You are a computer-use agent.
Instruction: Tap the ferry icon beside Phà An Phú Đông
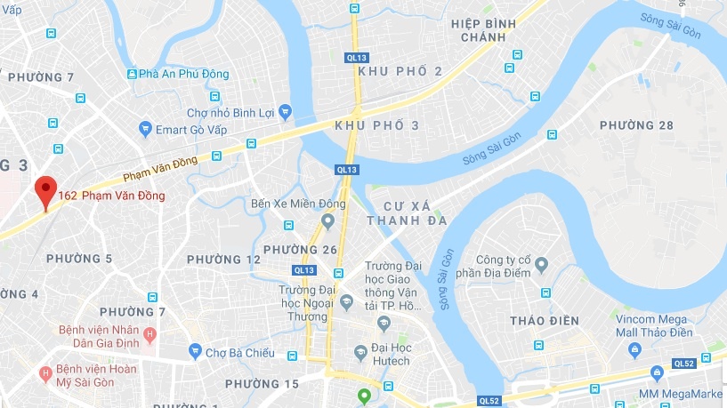coord(133,74)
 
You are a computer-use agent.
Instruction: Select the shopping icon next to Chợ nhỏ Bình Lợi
coord(285,112)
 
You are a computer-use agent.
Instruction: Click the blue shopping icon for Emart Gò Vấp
coord(145,130)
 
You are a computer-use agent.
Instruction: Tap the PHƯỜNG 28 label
coord(636,125)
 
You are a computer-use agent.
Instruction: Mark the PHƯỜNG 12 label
coord(223,260)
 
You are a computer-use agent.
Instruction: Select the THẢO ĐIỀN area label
coord(545,320)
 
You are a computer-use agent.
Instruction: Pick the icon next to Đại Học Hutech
coord(360,353)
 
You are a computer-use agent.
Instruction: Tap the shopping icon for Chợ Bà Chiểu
coord(196,352)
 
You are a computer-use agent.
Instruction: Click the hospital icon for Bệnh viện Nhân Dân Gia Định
coord(149,335)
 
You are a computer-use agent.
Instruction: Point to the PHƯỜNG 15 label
coord(262,384)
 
